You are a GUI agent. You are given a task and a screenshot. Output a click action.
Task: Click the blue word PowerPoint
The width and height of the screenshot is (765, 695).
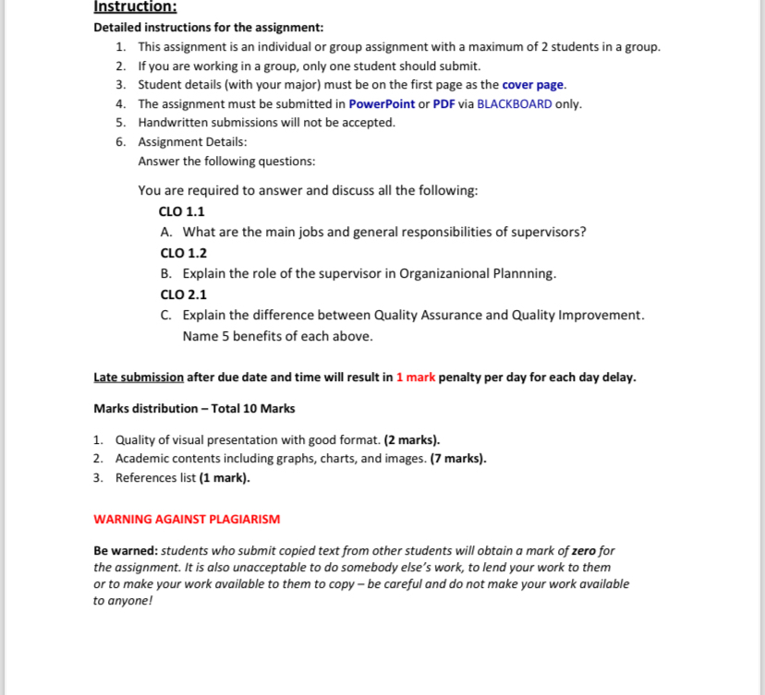382,103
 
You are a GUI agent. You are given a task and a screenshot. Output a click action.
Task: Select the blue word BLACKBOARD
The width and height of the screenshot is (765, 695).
514,103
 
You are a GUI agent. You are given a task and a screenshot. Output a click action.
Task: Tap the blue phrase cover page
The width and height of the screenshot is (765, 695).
532,85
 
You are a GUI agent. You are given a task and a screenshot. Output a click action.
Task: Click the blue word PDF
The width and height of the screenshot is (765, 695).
444,103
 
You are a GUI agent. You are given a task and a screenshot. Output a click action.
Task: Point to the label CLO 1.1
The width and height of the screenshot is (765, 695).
182,211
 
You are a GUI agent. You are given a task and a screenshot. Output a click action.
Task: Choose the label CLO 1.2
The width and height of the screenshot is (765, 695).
182,253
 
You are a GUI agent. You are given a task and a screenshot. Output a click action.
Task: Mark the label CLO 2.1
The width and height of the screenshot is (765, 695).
182,294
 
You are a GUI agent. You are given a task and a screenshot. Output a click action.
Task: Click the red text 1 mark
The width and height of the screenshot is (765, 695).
415,377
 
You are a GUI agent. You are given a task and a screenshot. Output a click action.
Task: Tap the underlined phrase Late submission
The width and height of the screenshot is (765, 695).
139,377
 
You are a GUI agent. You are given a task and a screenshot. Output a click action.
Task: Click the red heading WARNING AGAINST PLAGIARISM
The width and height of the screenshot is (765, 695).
187,520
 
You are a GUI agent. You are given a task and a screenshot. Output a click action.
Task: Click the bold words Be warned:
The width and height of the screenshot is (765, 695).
126,551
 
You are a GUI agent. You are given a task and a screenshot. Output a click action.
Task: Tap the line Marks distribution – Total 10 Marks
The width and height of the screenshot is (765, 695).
194,408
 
